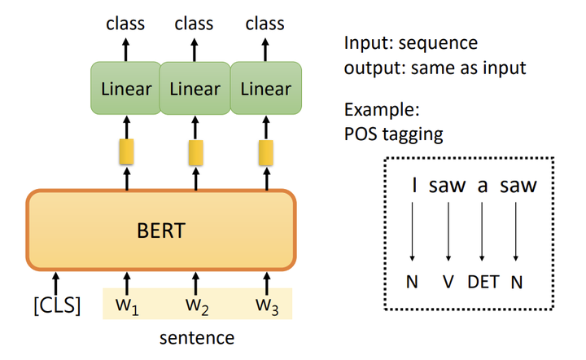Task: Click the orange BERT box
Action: point(160,230)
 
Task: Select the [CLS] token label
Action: point(56,308)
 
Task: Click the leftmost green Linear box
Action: point(125,88)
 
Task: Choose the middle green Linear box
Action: point(195,88)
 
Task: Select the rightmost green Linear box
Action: point(266,88)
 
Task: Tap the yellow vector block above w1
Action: point(126,151)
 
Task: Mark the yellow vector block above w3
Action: point(265,151)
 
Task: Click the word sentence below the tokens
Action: point(195,337)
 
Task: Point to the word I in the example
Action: point(414,186)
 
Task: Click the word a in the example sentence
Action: point(483,186)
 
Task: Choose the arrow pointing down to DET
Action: point(483,232)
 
